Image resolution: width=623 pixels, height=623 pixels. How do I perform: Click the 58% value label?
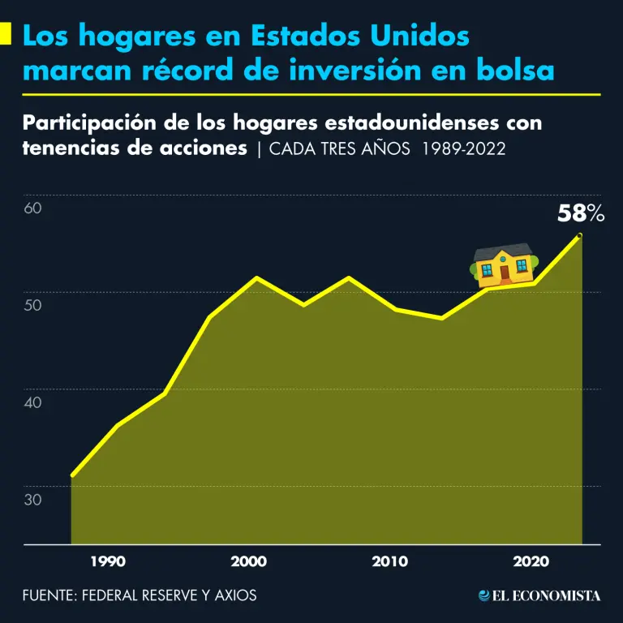[581, 214]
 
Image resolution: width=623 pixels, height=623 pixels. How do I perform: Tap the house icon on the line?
[504, 264]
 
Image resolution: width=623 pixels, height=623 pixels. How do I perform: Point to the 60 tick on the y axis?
[32, 208]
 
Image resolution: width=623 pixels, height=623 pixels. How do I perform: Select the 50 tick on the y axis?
[32, 305]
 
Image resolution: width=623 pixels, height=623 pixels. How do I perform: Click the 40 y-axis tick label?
[32, 402]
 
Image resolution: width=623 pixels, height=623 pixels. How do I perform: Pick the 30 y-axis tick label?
[32, 499]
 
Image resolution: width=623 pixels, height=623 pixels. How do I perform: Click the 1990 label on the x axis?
[108, 561]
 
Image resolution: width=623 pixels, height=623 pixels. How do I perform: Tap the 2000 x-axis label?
[248, 561]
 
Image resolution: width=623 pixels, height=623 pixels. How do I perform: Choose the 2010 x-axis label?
[390, 561]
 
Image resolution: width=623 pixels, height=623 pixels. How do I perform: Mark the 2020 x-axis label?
[531, 561]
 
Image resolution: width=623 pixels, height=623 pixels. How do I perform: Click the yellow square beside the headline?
[6, 35]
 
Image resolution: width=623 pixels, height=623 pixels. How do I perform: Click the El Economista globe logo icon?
[485, 595]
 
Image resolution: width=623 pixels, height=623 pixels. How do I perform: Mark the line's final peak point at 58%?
[579, 235]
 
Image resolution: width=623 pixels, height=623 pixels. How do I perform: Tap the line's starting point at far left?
[72, 475]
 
